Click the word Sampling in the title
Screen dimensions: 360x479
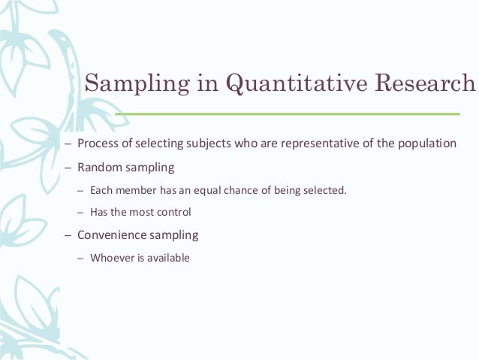click(128, 83)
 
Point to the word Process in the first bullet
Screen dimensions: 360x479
click(97, 144)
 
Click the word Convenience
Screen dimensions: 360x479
click(111, 234)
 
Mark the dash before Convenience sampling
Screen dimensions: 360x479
click(68, 235)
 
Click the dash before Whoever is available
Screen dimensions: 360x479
click(80, 258)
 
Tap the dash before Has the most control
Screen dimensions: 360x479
click(80, 212)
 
